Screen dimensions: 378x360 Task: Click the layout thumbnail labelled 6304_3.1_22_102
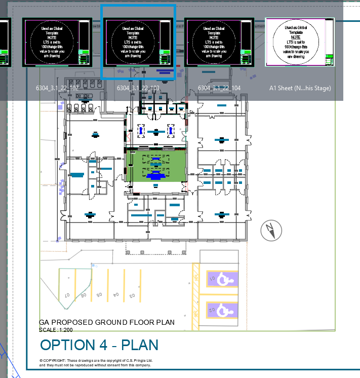[57, 42]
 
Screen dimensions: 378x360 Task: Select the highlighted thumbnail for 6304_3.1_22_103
[138, 42]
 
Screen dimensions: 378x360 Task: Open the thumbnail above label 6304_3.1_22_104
[219, 42]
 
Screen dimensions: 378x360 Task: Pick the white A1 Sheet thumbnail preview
[300, 42]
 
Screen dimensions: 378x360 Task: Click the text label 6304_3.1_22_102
[57, 88]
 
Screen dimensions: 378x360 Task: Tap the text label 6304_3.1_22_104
[219, 88]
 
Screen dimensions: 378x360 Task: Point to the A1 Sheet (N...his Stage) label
[300, 88]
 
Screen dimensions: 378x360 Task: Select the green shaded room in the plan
[156, 166]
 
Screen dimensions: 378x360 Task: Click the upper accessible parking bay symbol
[222, 278]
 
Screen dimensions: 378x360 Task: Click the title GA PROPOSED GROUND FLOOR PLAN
[107, 322]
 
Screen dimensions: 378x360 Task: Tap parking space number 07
[66, 294]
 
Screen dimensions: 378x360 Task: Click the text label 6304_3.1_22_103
[138, 88]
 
